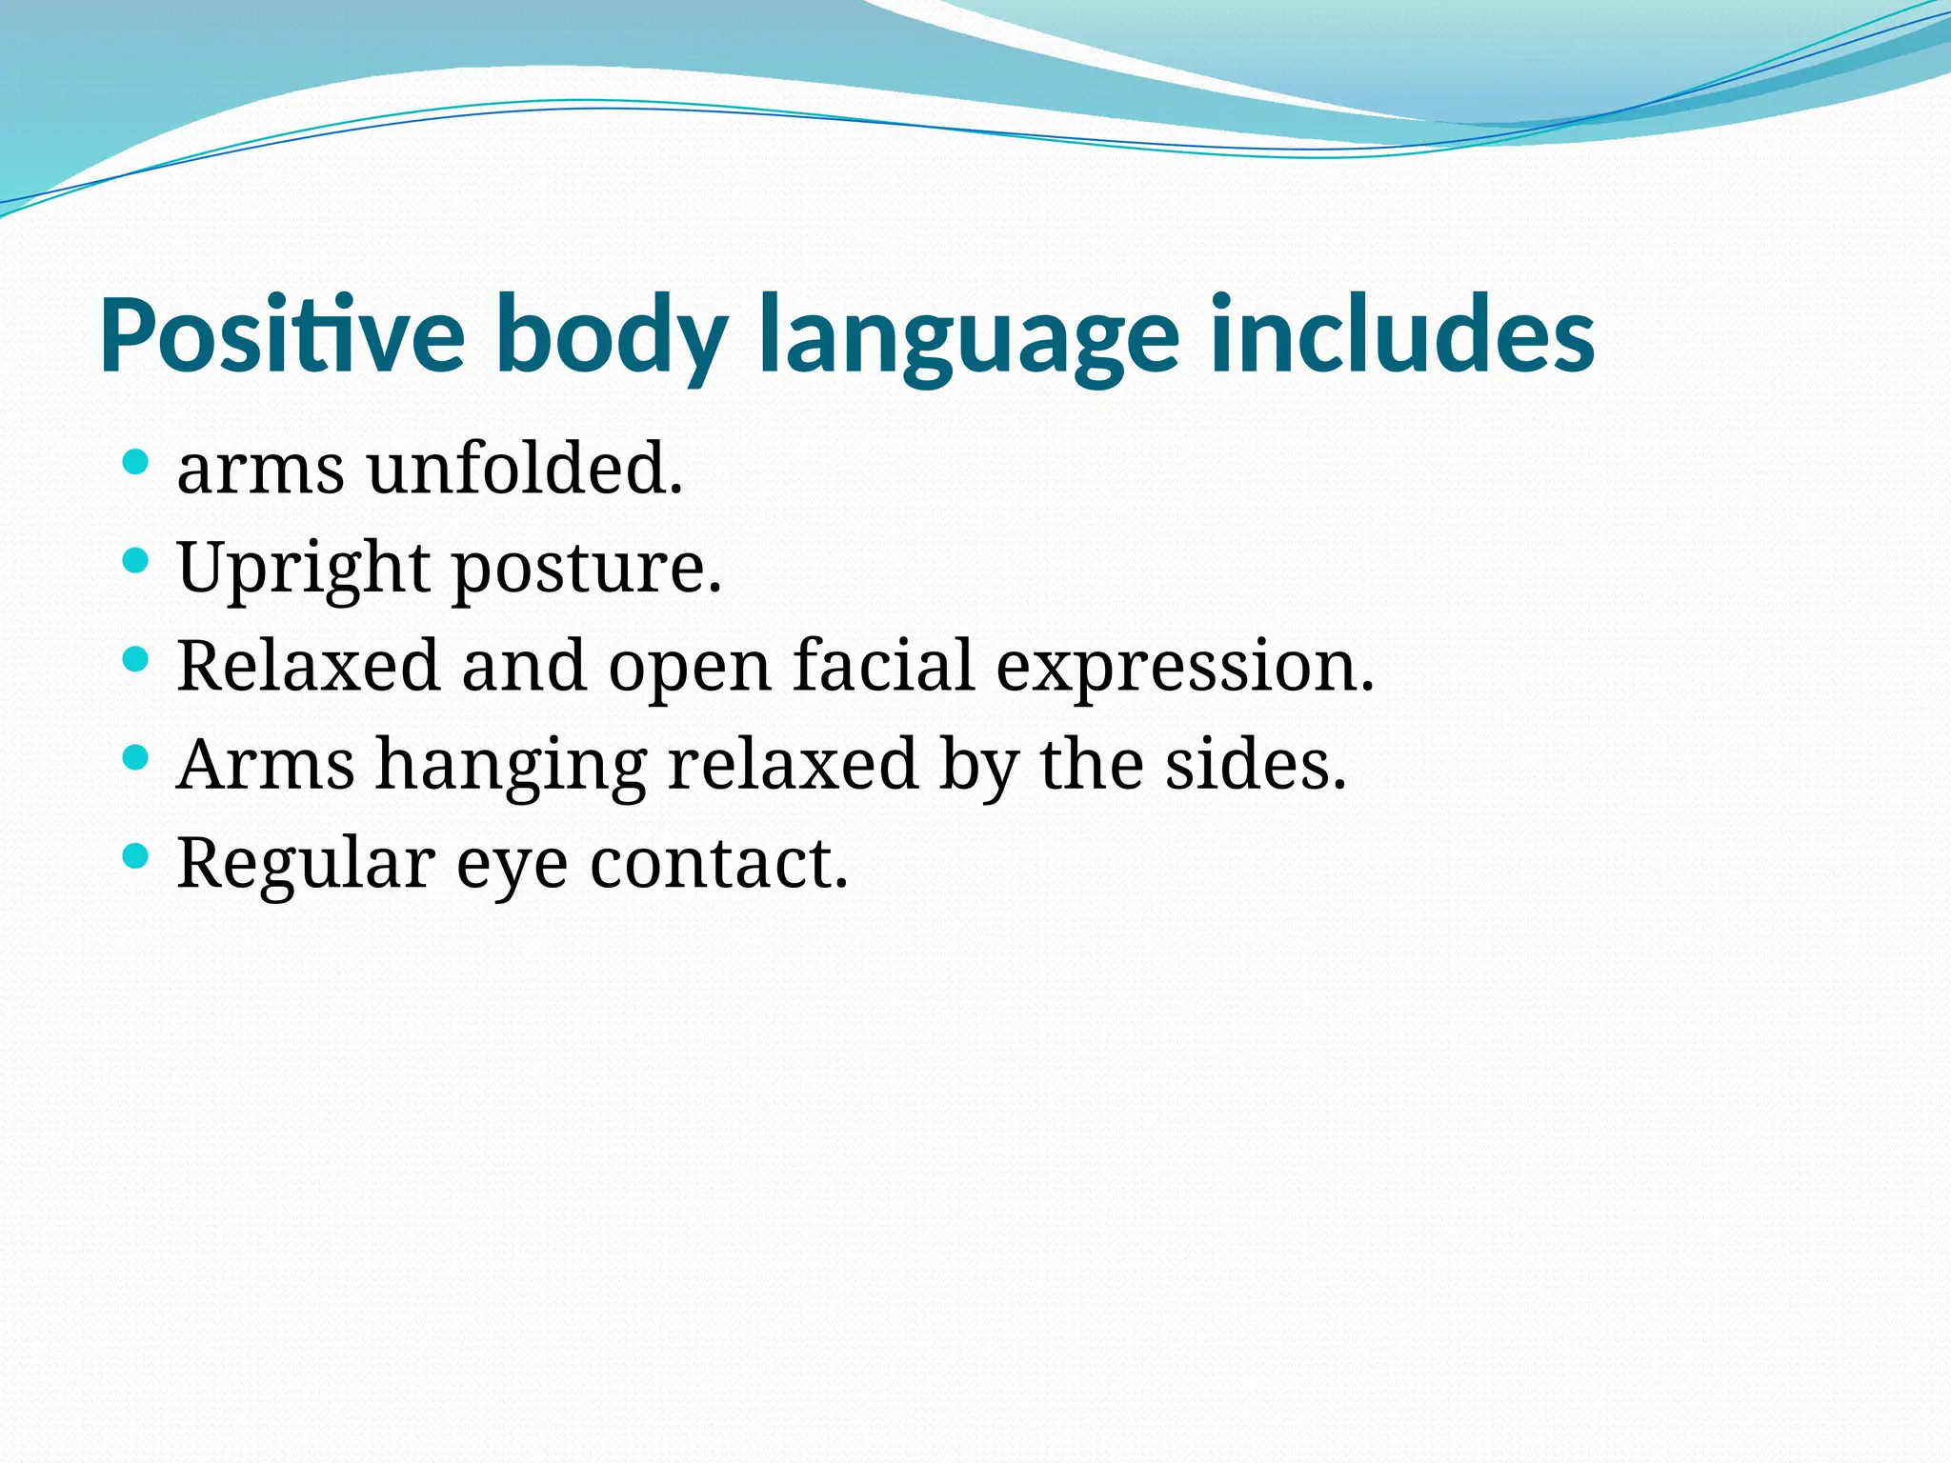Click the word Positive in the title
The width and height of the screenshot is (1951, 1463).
click(x=282, y=335)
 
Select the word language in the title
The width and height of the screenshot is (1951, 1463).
click(x=969, y=335)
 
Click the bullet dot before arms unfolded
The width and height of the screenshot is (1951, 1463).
click(x=136, y=464)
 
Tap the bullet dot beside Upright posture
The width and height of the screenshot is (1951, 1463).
click(x=136, y=559)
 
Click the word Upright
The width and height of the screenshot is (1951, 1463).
click(x=303, y=568)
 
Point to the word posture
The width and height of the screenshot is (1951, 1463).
click(x=586, y=568)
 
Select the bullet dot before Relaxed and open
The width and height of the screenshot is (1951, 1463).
click(x=136, y=658)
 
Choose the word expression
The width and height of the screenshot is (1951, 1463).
click(x=1184, y=667)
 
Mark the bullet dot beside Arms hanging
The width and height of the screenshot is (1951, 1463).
click(x=136, y=758)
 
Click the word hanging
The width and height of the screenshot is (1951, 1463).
click(x=512, y=766)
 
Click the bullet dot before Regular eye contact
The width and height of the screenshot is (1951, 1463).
click(x=136, y=856)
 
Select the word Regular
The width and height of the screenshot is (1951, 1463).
click(x=306, y=863)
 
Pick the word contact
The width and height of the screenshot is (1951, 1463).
click(x=718, y=863)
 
